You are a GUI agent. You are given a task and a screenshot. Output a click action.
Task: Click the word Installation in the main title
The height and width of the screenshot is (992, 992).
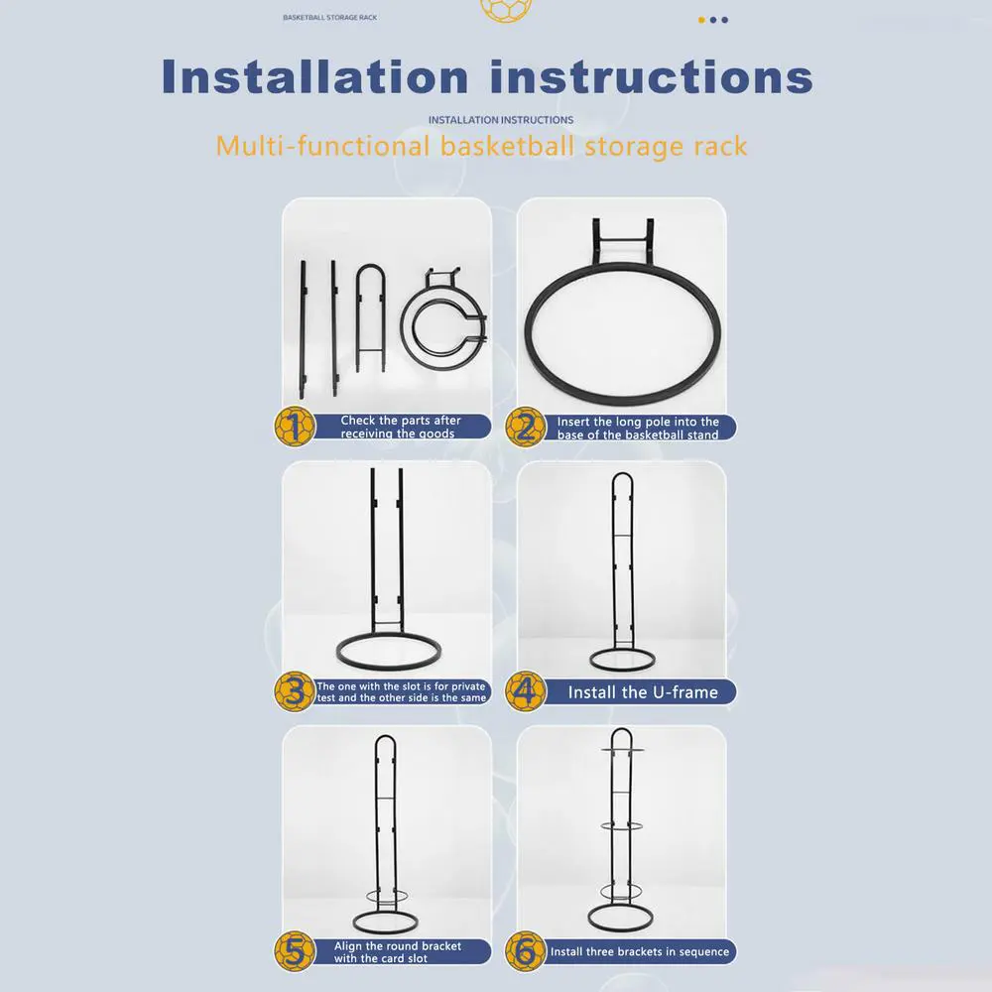pos(315,77)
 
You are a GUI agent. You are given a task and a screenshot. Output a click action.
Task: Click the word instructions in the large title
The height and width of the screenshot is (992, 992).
pos(652,77)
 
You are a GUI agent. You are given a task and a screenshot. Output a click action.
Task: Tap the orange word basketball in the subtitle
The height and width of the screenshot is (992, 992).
pos(508,146)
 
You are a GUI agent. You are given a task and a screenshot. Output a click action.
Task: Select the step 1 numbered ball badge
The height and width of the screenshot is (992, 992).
pos(295,427)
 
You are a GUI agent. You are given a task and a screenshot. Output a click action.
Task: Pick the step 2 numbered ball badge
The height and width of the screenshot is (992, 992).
pos(525,427)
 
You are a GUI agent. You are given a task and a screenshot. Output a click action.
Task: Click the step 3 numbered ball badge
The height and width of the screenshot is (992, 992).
pos(295,691)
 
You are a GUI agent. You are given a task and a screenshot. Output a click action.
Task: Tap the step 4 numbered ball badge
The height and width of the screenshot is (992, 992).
pos(525,691)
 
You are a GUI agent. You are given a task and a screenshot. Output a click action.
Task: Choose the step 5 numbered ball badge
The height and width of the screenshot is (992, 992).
pos(295,951)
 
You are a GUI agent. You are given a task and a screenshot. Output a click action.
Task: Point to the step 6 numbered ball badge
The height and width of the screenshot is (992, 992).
pos(525,951)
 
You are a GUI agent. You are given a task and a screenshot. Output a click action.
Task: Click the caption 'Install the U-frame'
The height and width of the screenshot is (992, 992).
pos(643,692)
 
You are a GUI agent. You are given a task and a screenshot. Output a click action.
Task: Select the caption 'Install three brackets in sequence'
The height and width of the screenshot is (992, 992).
pos(640,951)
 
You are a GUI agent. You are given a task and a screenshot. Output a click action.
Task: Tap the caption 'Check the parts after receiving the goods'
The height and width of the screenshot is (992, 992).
pos(401,427)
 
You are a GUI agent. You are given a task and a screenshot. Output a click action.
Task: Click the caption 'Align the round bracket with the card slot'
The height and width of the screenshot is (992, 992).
pos(398,951)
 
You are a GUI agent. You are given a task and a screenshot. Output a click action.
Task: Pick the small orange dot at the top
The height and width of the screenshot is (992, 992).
pos(701,20)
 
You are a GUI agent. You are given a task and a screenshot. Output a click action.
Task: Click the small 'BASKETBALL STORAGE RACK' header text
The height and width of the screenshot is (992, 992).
pos(329,18)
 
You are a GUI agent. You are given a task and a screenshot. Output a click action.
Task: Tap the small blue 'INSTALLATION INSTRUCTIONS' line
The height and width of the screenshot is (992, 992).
pos(501,120)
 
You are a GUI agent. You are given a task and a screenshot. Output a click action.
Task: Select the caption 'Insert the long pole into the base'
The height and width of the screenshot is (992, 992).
pos(638,428)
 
